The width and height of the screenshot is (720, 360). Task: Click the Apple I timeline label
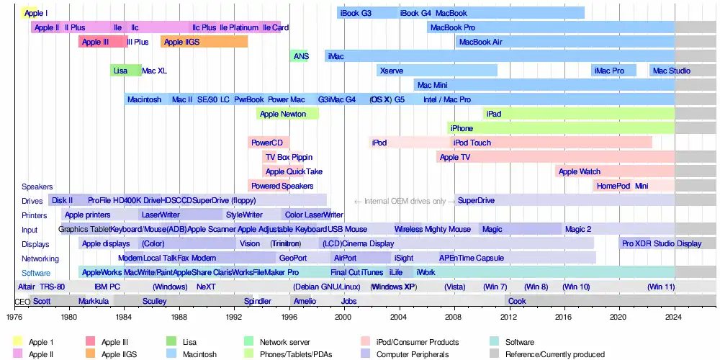click(36, 13)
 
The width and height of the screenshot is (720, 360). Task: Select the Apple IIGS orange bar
click(204, 42)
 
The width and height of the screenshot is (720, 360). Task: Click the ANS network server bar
click(300, 56)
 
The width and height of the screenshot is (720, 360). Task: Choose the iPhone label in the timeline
click(462, 128)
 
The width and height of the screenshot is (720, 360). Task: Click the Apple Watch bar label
click(579, 171)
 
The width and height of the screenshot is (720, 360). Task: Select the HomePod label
click(613, 186)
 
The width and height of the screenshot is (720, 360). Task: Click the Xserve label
click(391, 71)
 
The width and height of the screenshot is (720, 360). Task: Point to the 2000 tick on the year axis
click(343, 316)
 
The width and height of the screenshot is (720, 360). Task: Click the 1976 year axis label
click(14, 316)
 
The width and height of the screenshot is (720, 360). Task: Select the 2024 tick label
click(675, 316)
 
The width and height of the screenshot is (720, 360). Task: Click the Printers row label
click(34, 215)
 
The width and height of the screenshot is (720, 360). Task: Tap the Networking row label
click(40, 258)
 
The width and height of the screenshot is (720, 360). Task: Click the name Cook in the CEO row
click(517, 302)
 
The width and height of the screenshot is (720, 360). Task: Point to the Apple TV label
click(454, 157)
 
